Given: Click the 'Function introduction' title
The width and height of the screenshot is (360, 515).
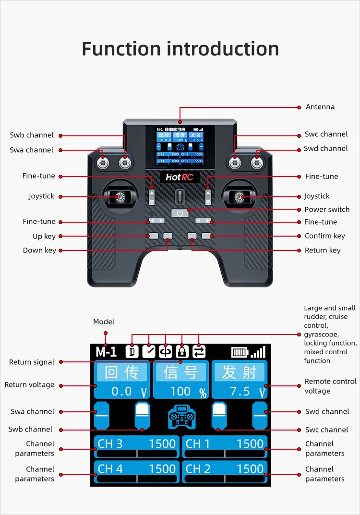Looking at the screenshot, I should [x=180, y=49].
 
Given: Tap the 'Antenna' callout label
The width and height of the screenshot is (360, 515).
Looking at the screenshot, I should [x=320, y=107].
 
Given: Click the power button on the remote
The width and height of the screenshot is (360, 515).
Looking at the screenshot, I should [x=180, y=213].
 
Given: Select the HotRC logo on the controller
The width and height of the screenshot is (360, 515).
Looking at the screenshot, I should [x=180, y=177].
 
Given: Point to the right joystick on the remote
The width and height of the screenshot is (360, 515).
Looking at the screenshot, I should [x=239, y=196].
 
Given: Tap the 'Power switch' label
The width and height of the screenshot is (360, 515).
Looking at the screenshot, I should [x=327, y=209].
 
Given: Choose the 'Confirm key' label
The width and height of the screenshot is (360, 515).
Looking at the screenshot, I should [x=324, y=236].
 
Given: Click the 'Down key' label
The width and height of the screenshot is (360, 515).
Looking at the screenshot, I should [x=39, y=250].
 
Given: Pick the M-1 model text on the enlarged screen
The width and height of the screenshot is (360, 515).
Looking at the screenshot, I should [x=106, y=351].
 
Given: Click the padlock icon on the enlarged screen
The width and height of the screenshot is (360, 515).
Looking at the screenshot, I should [x=181, y=351].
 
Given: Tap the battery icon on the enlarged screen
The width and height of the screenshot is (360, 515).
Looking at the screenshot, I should [x=239, y=352].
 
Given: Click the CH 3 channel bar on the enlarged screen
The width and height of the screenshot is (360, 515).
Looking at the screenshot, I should [x=136, y=447].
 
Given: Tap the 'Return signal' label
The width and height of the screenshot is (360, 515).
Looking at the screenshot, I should [x=32, y=362].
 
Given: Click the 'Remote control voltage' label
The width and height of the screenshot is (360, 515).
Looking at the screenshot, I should [x=330, y=386].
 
